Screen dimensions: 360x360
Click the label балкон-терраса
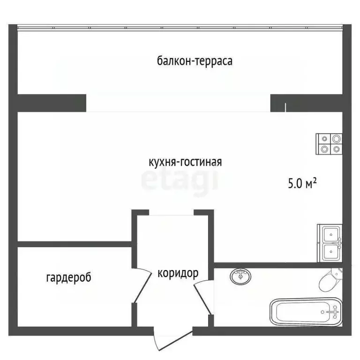(x=195, y=61)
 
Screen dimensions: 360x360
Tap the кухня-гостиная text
(x=185, y=162)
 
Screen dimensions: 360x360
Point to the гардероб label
(x=68, y=277)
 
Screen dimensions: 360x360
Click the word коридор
(x=178, y=273)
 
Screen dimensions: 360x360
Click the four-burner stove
(x=330, y=144)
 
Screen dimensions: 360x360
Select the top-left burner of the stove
(x=324, y=139)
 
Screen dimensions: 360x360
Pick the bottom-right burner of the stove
(x=336, y=150)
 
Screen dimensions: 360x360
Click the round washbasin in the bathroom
(x=240, y=277)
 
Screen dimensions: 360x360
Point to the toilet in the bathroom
(x=330, y=280)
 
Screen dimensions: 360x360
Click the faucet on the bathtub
(x=334, y=311)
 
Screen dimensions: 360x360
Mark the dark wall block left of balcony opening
(x=52, y=102)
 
